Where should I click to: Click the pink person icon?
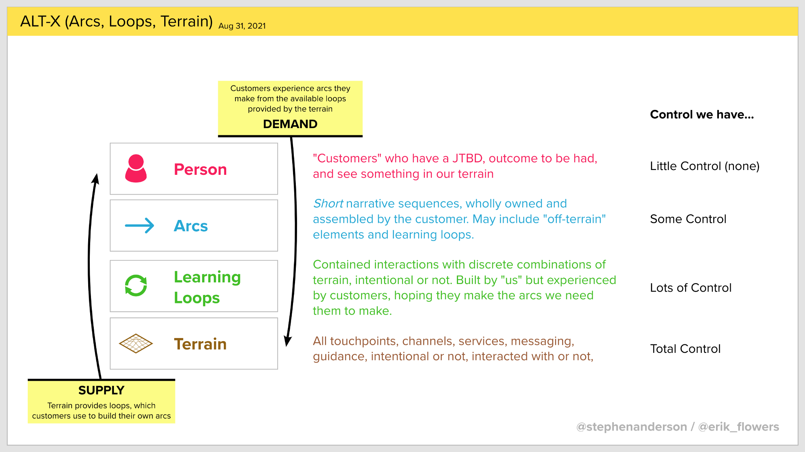pos(136,169)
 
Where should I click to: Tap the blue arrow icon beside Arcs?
pos(139,226)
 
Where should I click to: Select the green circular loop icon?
pos(136,286)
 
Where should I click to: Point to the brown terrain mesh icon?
pos(136,344)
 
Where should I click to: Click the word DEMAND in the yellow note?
pos(290,124)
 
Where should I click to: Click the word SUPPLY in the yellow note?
pos(101,390)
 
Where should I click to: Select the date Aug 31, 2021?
pos(242,26)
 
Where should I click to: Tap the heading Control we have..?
pos(702,115)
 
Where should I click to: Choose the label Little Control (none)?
pos(704,166)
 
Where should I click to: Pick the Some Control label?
pos(688,219)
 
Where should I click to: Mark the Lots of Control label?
pos(691,288)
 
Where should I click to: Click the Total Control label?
pos(685,349)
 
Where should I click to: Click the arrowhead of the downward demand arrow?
pos(287,341)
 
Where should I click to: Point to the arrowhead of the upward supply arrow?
pos(96,178)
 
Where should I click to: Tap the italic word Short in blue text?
pos(328,204)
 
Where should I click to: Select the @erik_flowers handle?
pos(738,427)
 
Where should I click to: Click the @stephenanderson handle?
pos(632,427)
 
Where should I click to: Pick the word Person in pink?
pos(200,170)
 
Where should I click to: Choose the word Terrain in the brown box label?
pos(200,344)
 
